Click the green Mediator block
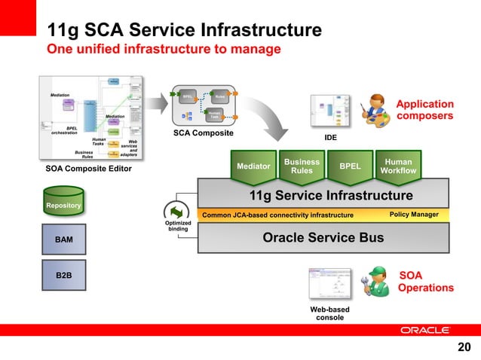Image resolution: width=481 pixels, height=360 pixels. click(253, 166)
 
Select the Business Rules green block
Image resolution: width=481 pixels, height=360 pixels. click(302, 166)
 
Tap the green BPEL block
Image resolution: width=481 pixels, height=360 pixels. click(350, 165)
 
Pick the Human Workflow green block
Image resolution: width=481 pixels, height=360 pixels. click(398, 166)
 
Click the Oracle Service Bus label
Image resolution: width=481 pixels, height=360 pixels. click(323, 238)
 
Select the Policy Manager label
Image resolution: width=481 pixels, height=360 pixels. click(414, 215)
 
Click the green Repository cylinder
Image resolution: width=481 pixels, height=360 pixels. click(63, 204)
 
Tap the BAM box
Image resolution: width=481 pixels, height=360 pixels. click(64, 240)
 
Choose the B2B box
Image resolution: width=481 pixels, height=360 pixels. click(64, 276)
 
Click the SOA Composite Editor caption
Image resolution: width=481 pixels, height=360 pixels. click(89, 169)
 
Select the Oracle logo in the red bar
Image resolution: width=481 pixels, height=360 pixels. click(425, 330)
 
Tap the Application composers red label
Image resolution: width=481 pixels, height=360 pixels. click(425, 110)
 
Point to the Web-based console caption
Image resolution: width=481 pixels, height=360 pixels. click(329, 313)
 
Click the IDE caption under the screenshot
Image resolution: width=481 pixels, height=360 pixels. click(330, 139)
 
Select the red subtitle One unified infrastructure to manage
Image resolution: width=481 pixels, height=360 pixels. click(164, 49)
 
